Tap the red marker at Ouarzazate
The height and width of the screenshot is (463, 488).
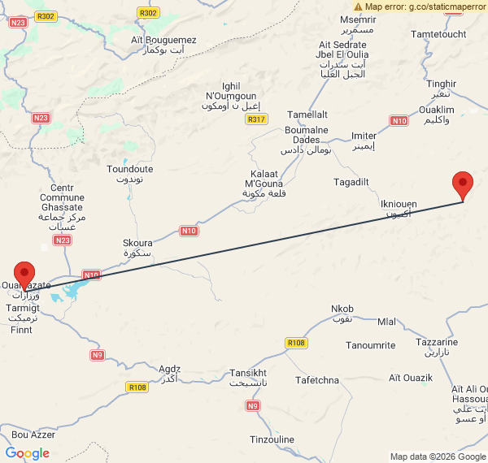click(25, 275)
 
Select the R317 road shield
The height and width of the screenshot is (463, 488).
click(256, 119)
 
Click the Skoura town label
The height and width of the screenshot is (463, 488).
click(137, 248)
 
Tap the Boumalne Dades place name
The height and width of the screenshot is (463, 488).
click(307, 140)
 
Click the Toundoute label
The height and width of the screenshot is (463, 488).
click(130, 174)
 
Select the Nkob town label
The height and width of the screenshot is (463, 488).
click(342, 314)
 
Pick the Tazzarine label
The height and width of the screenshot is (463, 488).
click(437, 348)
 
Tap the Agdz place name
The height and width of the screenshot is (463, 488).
click(170, 373)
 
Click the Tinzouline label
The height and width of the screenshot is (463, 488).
click(272, 439)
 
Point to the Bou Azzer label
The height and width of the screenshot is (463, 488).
click(33, 435)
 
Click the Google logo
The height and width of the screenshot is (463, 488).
click(27, 452)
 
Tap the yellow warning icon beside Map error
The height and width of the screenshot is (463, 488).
click(358, 6)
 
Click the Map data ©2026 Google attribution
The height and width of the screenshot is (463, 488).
click(437, 457)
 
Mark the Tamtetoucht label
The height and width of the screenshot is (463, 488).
click(439, 34)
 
